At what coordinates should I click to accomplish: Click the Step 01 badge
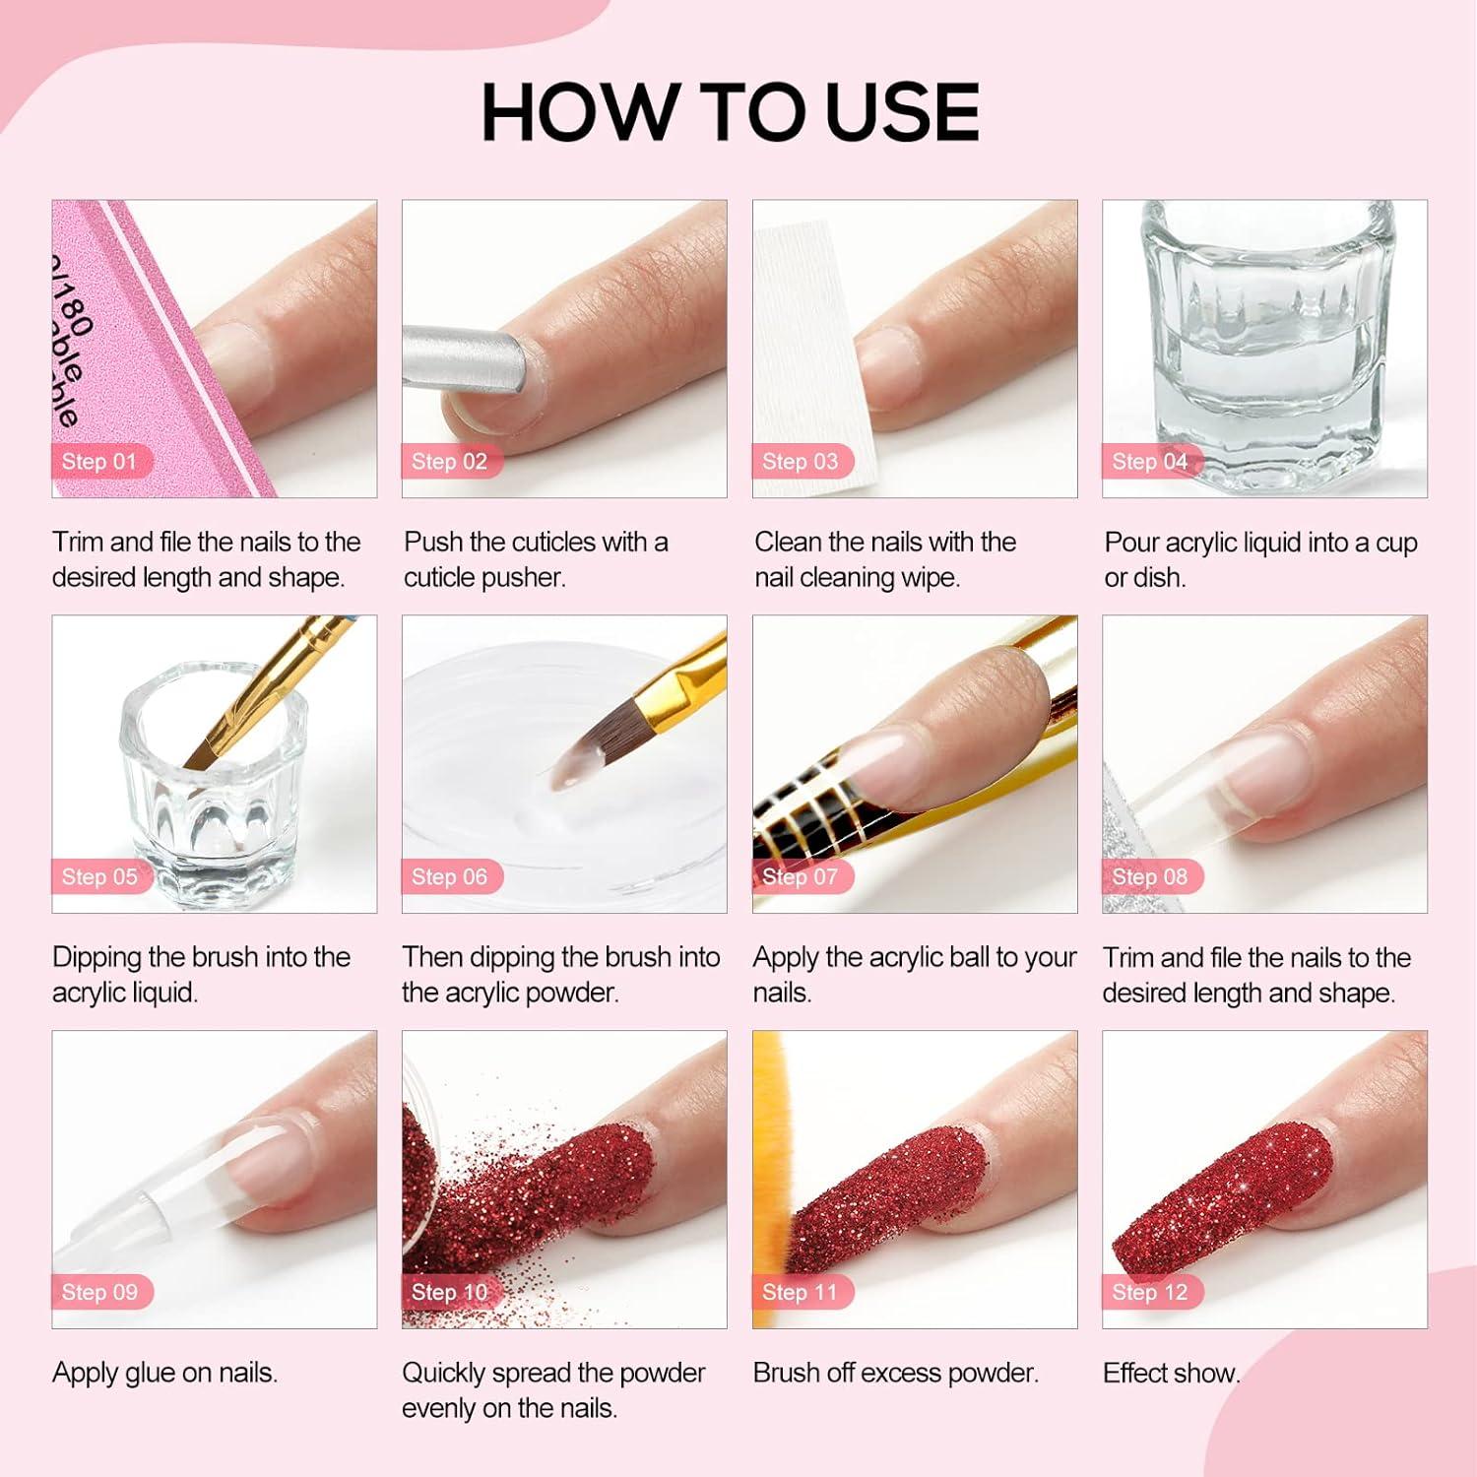[x=100, y=462]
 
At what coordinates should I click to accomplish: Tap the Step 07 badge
[x=801, y=876]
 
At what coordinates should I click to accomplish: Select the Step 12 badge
[x=1150, y=1292]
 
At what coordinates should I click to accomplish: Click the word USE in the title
[x=901, y=112]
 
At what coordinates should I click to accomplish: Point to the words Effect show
[x=1170, y=1373]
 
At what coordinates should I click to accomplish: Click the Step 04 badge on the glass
[x=1150, y=462]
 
